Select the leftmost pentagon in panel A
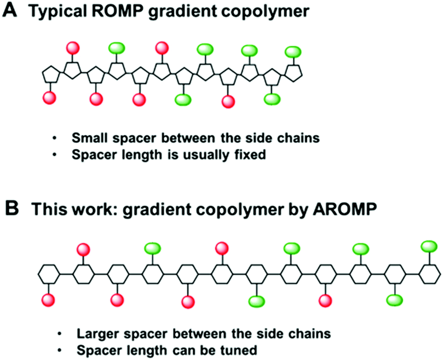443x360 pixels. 50,74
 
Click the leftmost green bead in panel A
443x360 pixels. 117,48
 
